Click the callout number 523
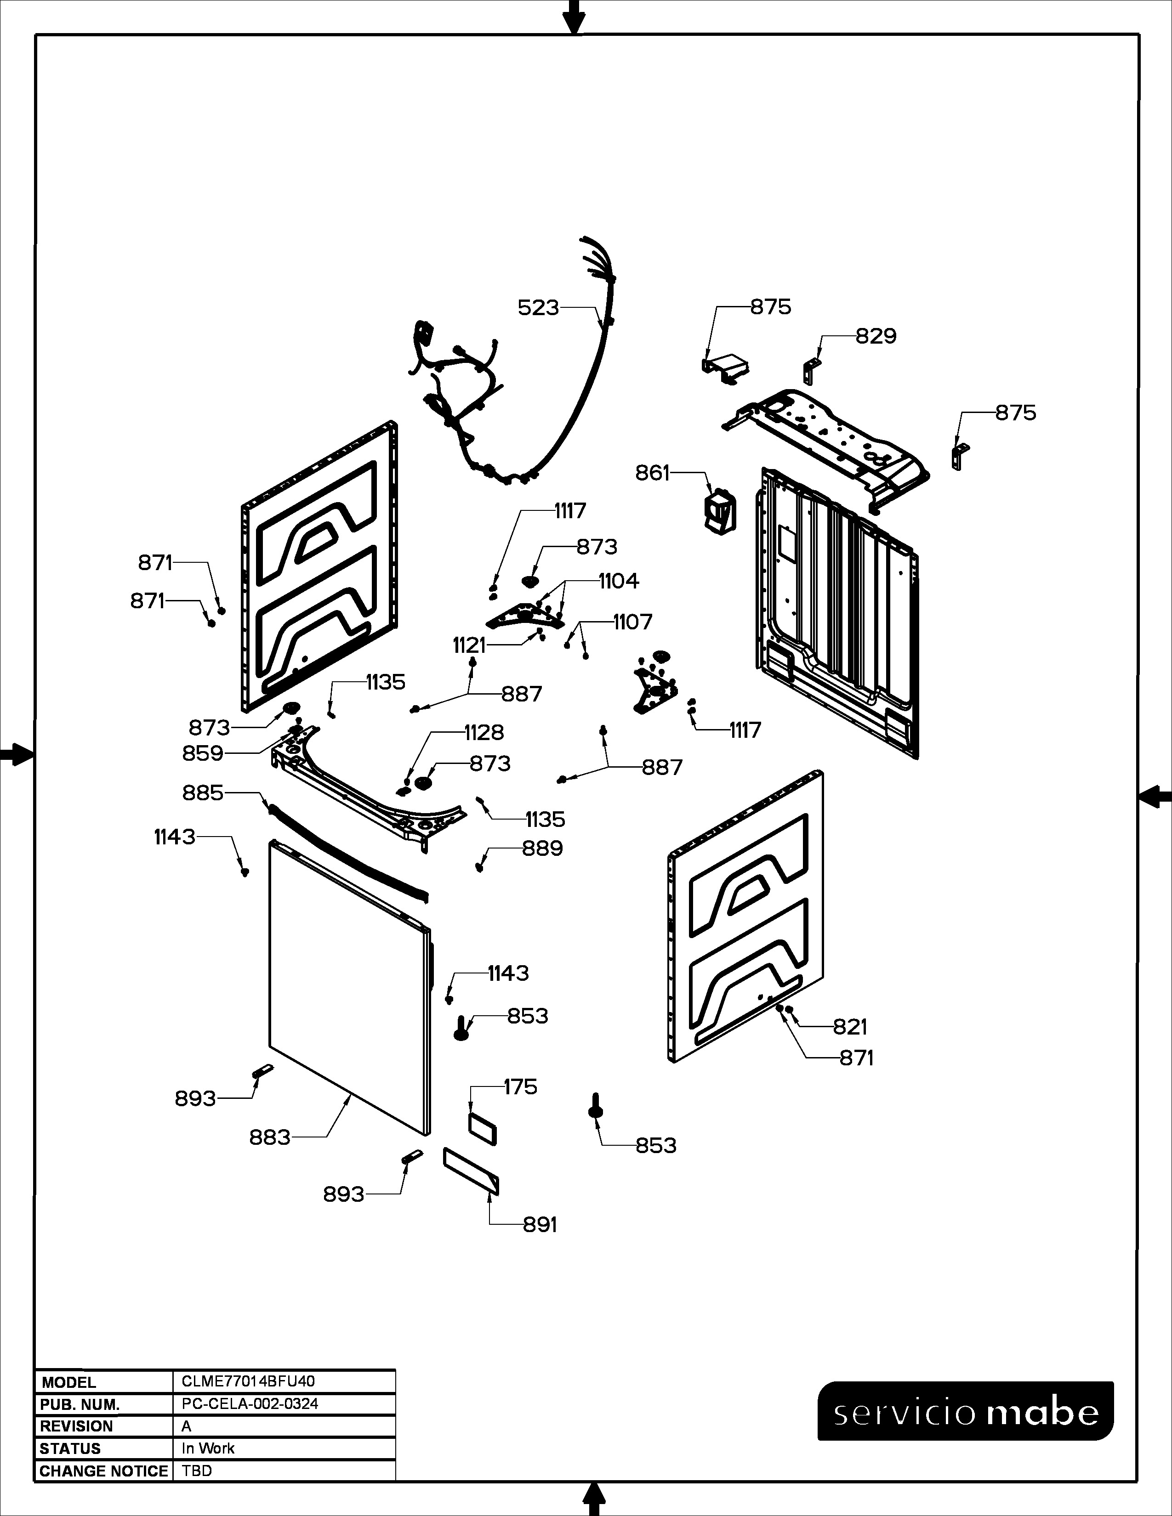tap(538, 307)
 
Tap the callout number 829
tap(876, 337)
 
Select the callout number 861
tap(653, 473)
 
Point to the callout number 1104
tap(619, 581)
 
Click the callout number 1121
tap(469, 645)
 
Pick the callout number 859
tap(203, 753)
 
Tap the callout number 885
tap(203, 793)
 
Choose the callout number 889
tap(542, 848)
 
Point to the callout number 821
tap(850, 1027)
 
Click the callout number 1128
tap(484, 732)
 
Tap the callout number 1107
tap(632, 622)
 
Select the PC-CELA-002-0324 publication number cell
tap(250, 1403)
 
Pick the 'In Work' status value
tap(208, 1448)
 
